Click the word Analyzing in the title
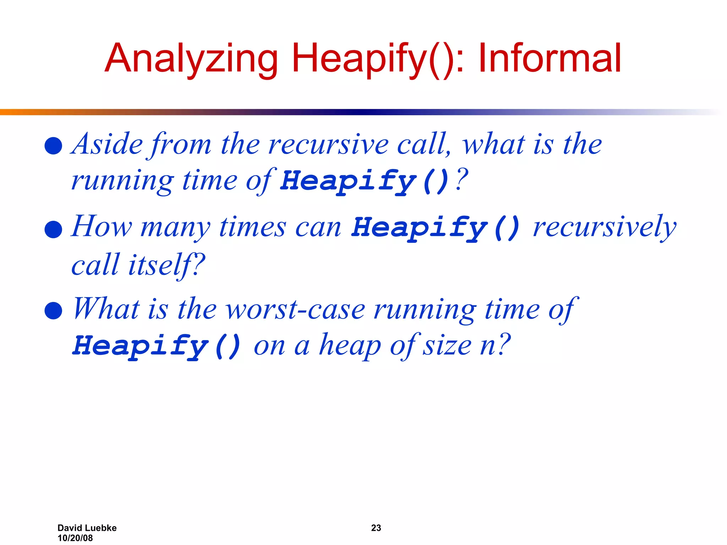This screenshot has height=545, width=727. click(191, 59)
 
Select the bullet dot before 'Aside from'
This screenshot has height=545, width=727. click(54, 146)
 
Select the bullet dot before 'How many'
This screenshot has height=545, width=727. click(54, 229)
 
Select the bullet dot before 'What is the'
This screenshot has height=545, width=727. click(54, 311)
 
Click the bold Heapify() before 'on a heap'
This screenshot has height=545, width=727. click(157, 346)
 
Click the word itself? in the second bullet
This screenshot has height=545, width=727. click(166, 265)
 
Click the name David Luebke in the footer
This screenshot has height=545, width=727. click(87, 528)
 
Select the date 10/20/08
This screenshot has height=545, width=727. click(75, 538)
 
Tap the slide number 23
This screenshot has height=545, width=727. click(376, 528)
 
